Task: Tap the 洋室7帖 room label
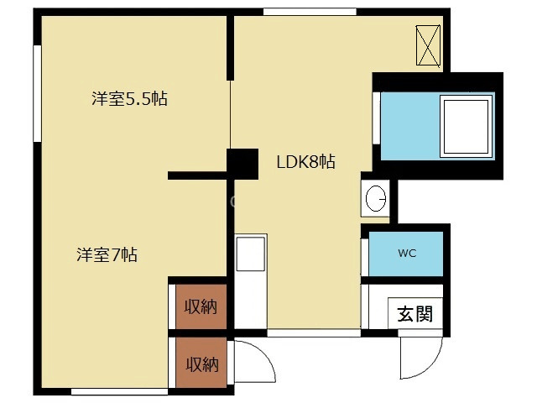coord(107,254)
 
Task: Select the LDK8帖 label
coord(306,162)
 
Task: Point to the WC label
coord(407,253)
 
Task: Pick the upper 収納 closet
coord(201,306)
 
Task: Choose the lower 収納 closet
coord(201,364)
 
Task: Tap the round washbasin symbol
coord(375,199)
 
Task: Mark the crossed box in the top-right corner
coord(428,45)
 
